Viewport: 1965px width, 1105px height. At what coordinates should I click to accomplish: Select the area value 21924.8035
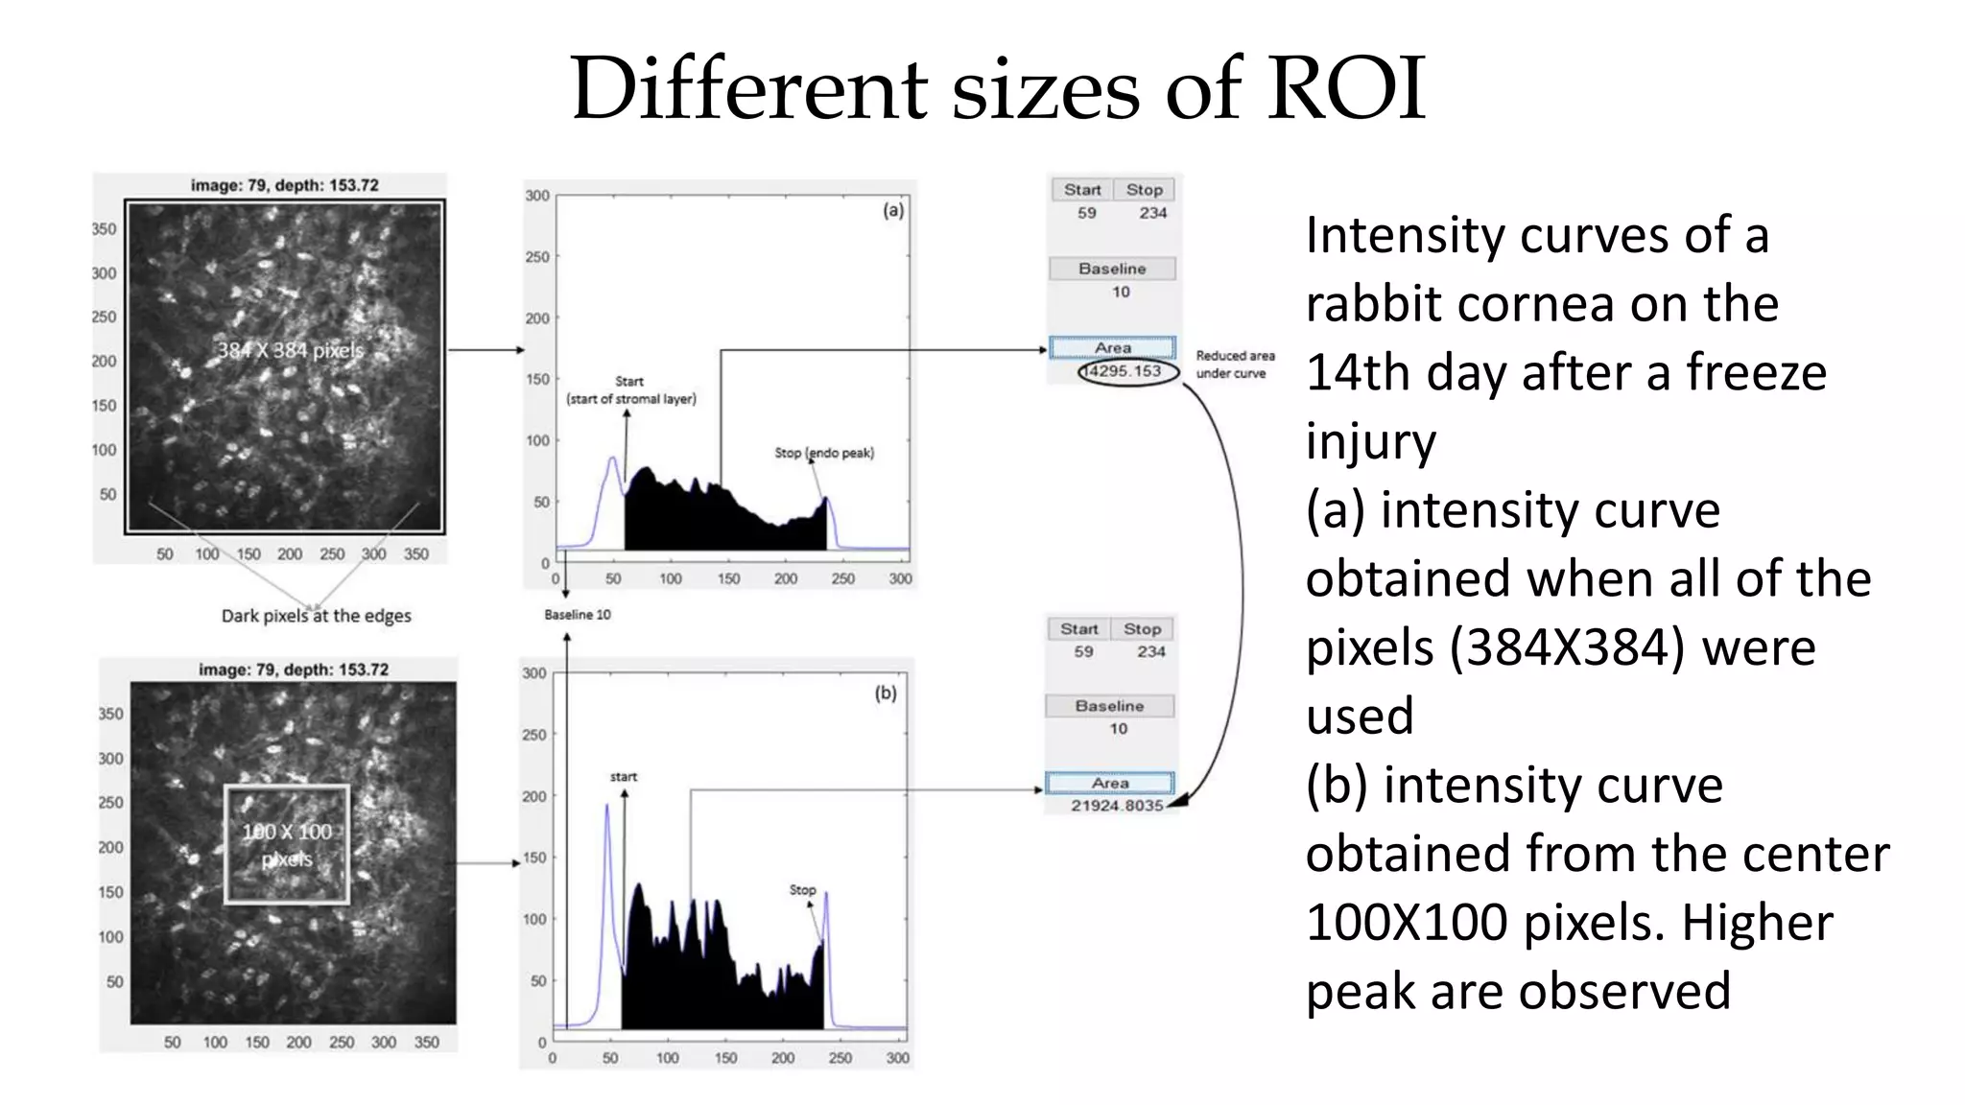pos(1117,806)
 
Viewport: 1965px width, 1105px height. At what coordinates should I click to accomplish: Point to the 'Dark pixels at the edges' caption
pos(316,616)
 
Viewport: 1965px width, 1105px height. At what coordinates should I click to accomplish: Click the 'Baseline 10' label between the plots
pos(577,615)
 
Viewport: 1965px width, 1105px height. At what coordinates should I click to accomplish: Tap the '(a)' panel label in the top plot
pos(892,210)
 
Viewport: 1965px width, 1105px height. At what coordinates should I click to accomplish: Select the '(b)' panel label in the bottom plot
pos(885,693)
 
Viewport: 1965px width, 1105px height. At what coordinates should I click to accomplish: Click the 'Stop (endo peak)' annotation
pos(824,453)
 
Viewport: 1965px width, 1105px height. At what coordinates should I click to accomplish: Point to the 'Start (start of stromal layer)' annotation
pos(630,390)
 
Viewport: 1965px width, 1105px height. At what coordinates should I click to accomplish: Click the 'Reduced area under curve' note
pos(1235,364)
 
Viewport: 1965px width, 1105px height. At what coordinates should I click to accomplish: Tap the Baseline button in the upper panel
pos(1112,269)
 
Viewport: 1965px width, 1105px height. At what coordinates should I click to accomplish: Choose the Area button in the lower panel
pos(1109,783)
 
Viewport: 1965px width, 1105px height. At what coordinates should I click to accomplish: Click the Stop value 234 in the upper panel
pos(1152,213)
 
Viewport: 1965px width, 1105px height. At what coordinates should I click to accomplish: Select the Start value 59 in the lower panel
pos(1083,651)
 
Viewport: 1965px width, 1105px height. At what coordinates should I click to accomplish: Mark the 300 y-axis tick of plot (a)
pos(537,196)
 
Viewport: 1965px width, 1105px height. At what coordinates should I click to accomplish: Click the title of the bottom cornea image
pos(294,670)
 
